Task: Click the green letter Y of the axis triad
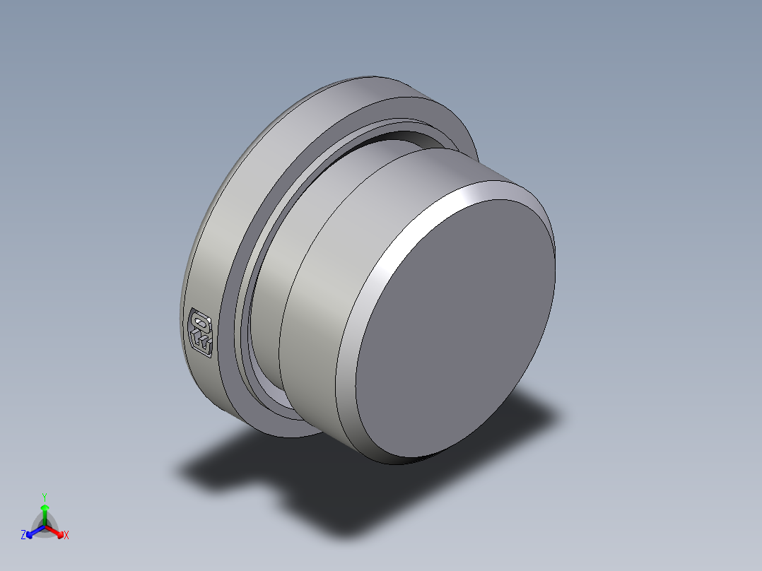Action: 45,497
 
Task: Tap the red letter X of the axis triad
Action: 66,536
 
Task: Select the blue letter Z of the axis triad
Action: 23,536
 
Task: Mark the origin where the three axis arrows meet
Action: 45,526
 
